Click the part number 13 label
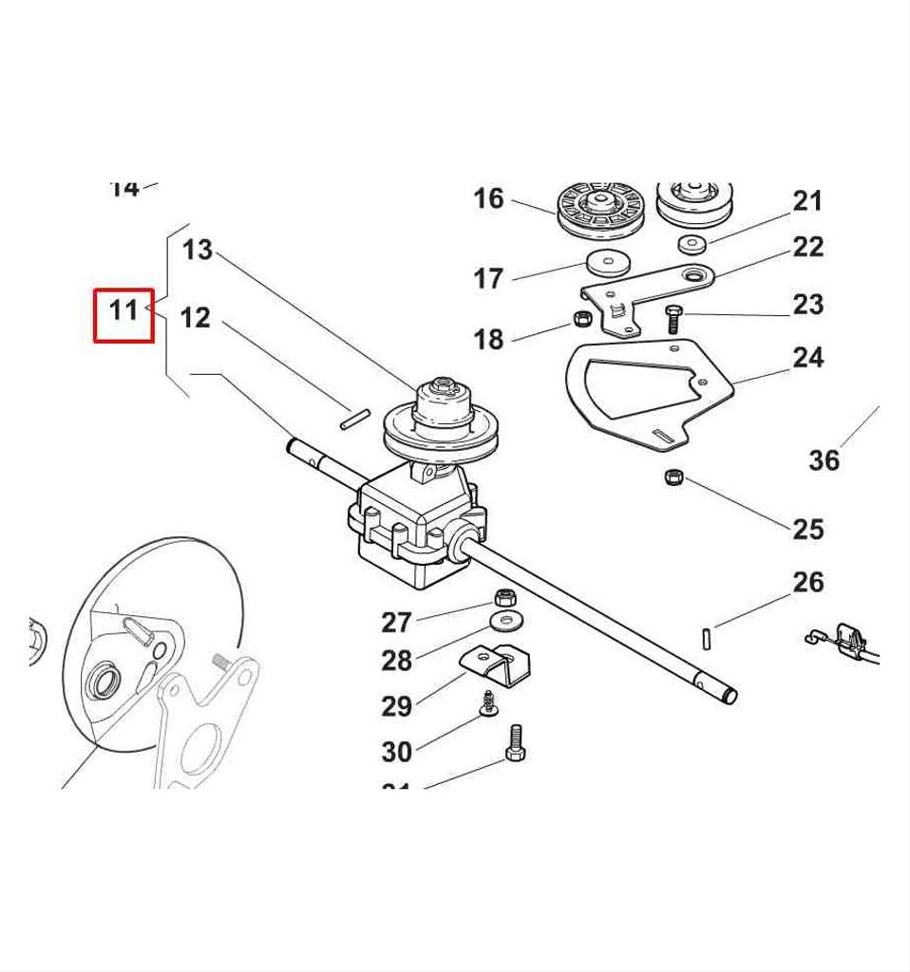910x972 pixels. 198,251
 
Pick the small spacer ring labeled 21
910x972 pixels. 692,244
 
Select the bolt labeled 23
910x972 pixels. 673,318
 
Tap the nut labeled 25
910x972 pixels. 673,475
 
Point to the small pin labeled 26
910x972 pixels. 709,639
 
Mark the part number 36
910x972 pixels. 824,460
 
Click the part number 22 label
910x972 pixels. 808,247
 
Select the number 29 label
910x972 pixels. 397,706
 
